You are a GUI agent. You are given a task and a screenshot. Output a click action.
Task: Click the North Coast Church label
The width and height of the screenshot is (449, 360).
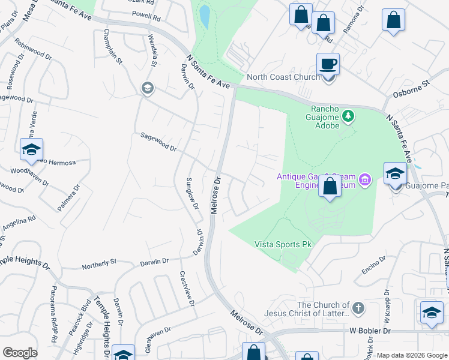(283, 77)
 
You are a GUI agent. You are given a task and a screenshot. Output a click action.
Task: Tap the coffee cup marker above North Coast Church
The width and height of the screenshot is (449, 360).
(328, 64)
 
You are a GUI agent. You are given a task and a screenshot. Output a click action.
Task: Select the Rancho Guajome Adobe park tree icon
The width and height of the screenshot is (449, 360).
(348, 115)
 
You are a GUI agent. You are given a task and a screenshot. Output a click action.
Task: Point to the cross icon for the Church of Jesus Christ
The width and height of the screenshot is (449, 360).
(358, 308)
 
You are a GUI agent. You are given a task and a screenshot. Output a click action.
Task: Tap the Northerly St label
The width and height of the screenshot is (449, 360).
(99, 263)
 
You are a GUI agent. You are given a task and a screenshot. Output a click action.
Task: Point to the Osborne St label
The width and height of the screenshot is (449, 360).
(412, 89)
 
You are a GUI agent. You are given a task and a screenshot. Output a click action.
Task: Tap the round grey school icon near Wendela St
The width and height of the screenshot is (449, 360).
(146, 89)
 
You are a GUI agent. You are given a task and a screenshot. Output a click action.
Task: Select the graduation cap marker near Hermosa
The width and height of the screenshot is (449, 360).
(31, 149)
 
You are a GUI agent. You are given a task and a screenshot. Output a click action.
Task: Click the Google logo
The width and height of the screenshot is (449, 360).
(20, 353)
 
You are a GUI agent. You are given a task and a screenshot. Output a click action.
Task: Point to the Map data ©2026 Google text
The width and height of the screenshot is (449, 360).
(411, 355)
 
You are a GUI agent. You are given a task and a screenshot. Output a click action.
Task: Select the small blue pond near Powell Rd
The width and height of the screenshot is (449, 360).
(205, 16)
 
